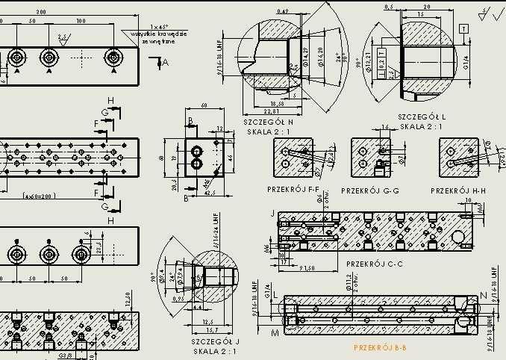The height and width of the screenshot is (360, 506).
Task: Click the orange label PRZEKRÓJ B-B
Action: tap(380, 347)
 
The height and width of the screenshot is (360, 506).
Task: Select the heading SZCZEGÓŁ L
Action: tap(422, 117)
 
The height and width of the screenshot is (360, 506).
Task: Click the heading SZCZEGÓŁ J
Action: tap(215, 341)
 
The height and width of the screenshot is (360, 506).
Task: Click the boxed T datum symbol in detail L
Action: tap(464, 28)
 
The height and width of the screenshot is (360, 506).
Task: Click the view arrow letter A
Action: tap(166, 63)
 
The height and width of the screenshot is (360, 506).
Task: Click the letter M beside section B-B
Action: tap(275, 331)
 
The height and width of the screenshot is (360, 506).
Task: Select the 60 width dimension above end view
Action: tap(204, 105)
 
